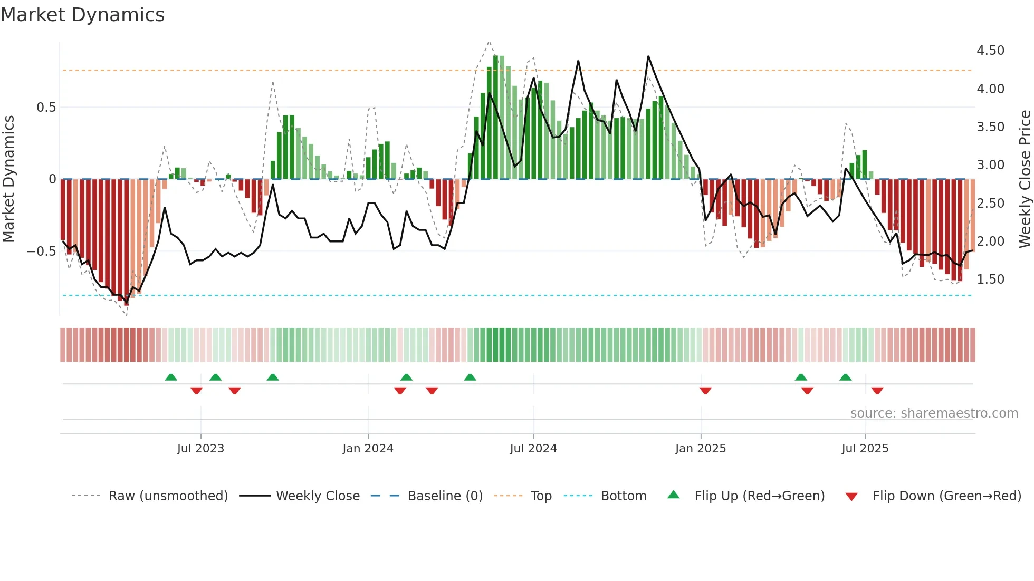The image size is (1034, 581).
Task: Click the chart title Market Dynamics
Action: [x=82, y=15]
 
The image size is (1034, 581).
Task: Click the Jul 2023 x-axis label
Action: [x=200, y=449]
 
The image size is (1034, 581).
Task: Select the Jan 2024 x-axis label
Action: [x=368, y=449]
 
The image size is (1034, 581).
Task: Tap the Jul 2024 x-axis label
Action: [x=533, y=449]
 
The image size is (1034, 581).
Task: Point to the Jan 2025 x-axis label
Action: [x=701, y=449]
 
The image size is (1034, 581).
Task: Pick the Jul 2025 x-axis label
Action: [x=865, y=449]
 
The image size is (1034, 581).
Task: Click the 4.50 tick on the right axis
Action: [x=990, y=51]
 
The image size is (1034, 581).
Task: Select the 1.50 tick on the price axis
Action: [x=990, y=279]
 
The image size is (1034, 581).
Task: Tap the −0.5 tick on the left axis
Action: [x=41, y=251]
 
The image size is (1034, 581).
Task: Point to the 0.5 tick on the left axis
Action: [x=46, y=108]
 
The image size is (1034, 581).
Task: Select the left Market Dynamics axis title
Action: [x=8, y=179]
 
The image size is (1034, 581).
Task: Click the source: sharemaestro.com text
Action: [x=934, y=413]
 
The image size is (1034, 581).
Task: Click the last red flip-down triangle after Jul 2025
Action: [x=877, y=391]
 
